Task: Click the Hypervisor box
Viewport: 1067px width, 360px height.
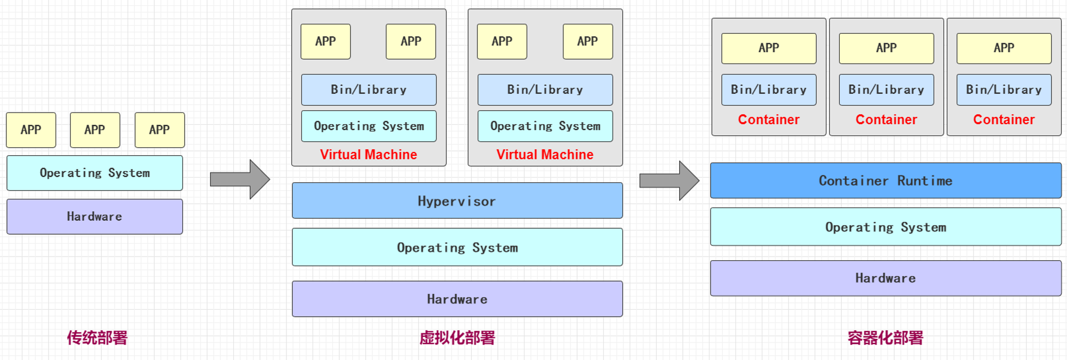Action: click(457, 201)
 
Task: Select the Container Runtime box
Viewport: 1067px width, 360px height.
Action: click(886, 181)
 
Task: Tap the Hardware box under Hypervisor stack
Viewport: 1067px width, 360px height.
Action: click(457, 299)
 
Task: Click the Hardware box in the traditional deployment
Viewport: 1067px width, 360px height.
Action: click(94, 217)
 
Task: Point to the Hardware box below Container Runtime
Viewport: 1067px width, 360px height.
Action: click(886, 278)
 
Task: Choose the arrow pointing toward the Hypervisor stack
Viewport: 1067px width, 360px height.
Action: click(240, 179)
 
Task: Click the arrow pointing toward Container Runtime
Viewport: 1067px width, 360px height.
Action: click(670, 181)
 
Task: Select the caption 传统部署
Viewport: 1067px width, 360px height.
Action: click(97, 338)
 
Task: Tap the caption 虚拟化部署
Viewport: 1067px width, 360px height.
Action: click(457, 338)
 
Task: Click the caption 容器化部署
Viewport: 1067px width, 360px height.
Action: click(886, 338)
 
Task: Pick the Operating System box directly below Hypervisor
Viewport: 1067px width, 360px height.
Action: click(457, 247)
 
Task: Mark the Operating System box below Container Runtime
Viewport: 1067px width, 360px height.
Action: click(886, 227)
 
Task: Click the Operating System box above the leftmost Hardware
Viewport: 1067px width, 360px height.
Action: click(94, 173)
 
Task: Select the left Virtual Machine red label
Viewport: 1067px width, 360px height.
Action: click(369, 155)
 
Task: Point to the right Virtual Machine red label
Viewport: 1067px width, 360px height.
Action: click(545, 155)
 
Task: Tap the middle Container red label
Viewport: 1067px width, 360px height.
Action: click(886, 119)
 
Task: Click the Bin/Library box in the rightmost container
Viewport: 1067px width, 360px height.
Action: click(1004, 90)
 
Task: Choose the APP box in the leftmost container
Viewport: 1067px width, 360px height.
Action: click(769, 48)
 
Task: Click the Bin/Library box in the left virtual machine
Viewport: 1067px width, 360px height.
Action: click(369, 90)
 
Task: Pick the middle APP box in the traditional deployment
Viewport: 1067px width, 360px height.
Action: click(95, 130)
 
